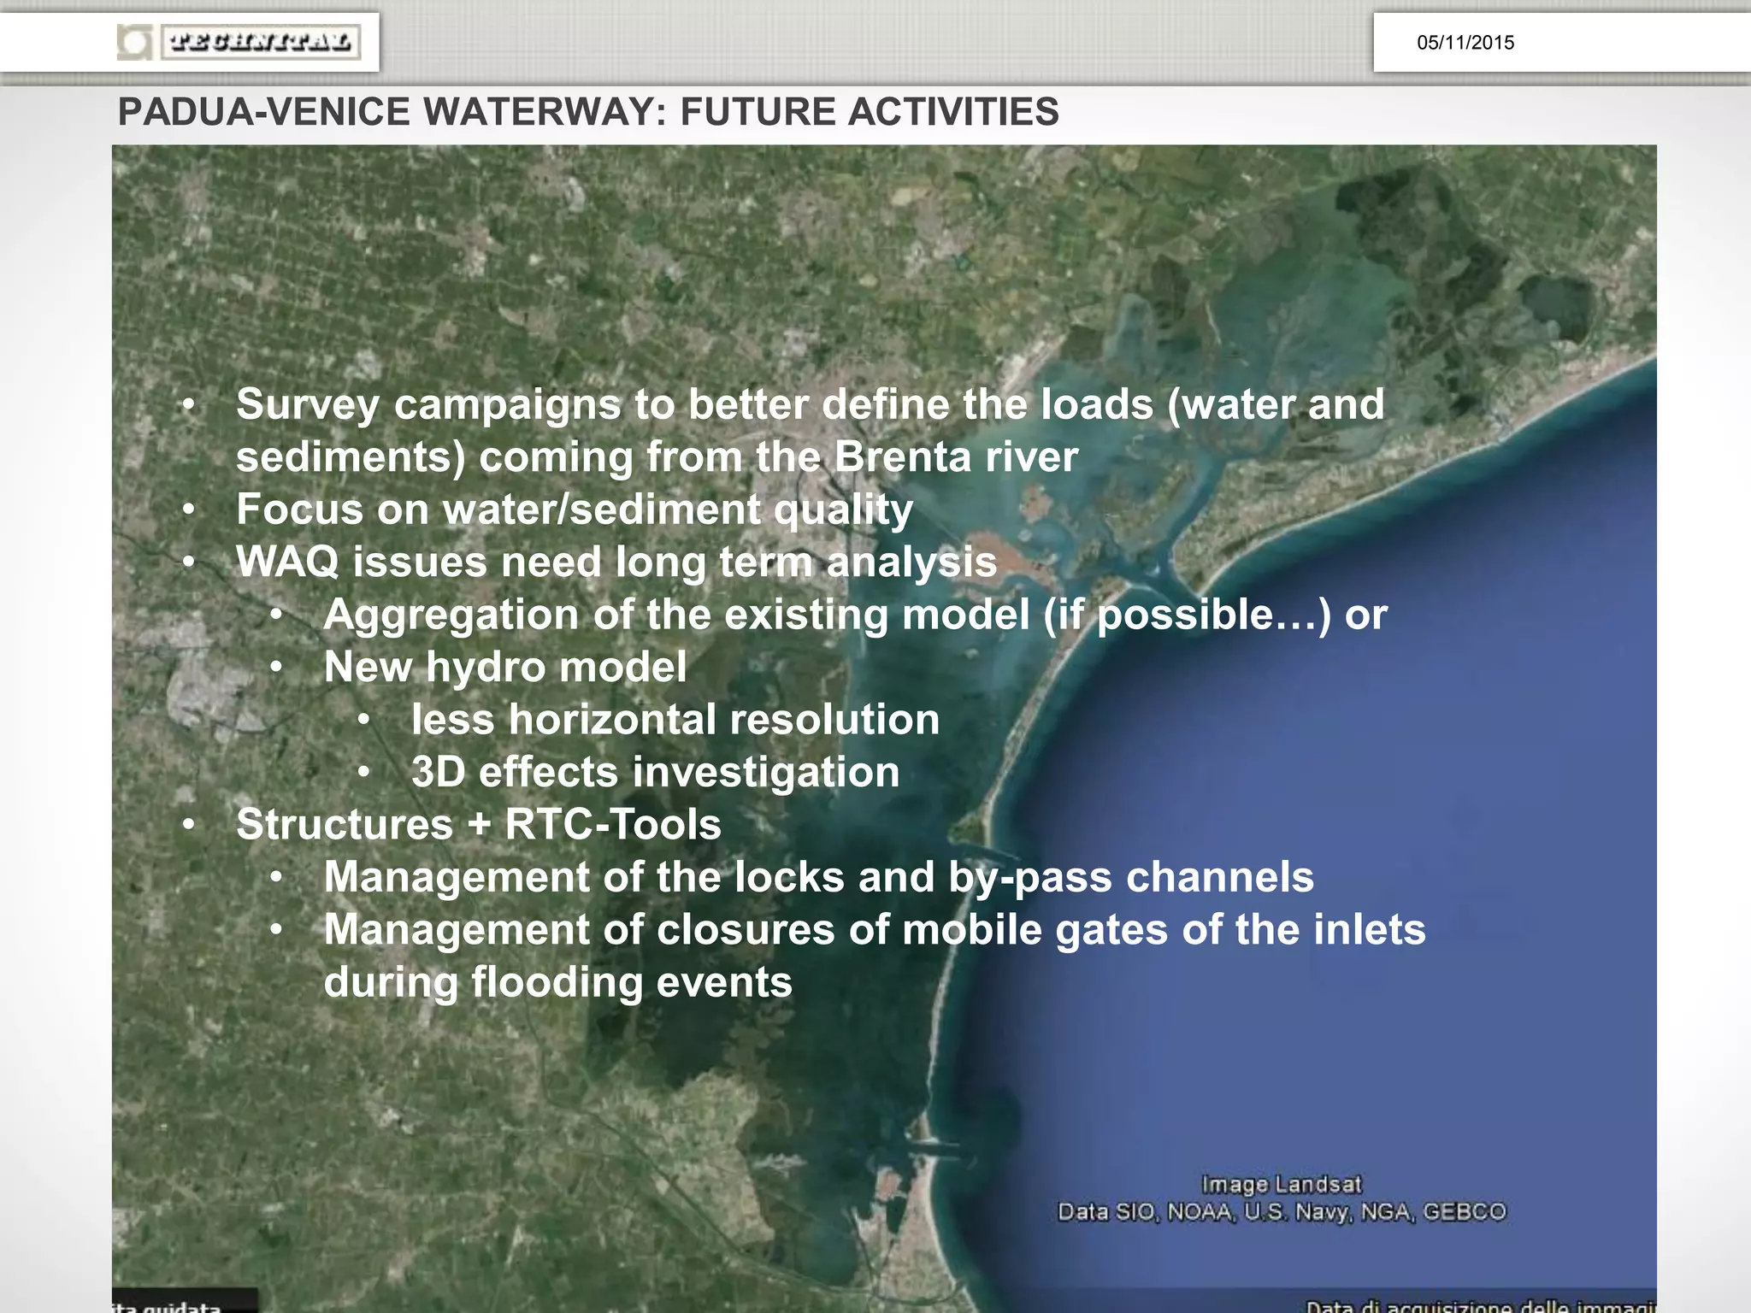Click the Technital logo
[239, 42]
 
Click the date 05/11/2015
[1465, 43]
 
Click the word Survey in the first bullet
[307, 405]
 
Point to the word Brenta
[902, 457]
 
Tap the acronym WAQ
[287, 562]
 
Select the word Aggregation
[451, 615]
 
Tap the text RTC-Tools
[612, 825]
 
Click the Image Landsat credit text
[1281, 1185]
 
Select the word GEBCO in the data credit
[1464, 1212]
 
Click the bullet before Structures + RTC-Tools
[190, 825]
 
